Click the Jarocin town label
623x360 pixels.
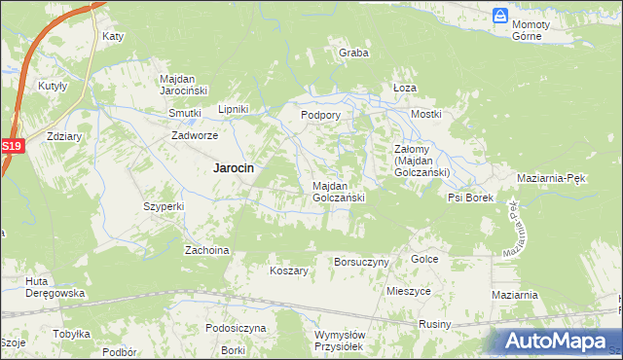pos(234,167)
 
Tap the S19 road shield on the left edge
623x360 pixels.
pos(11,146)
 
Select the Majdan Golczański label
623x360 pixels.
pos(338,191)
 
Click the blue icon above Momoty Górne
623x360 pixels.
pos(499,16)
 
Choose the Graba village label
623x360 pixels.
pos(353,53)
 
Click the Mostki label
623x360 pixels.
pos(426,114)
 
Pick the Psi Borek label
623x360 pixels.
pos(470,198)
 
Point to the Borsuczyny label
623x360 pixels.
pos(361,262)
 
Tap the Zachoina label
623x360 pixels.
pos(206,250)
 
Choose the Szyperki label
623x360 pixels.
pos(164,206)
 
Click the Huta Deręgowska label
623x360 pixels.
pos(56,287)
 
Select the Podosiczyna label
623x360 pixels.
pos(236,328)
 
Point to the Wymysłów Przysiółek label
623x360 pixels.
pos(340,340)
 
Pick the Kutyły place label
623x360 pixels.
pos(53,86)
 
